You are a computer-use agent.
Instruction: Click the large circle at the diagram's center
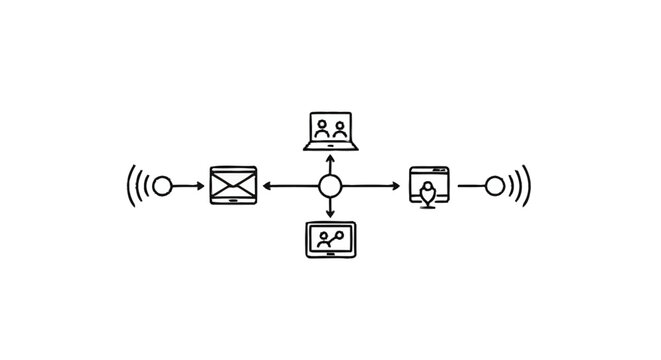point(330,186)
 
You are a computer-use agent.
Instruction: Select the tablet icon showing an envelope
point(234,186)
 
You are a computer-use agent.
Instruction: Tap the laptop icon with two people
point(331,131)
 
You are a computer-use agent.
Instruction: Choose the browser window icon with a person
point(431,186)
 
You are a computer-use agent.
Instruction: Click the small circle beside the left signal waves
point(162,186)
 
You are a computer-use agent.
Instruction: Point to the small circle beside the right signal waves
point(494,186)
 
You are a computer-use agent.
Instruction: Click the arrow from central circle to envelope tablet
point(289,186)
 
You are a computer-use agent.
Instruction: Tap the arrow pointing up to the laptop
point(330,163)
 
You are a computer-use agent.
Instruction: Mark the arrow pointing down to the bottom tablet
point(330,208)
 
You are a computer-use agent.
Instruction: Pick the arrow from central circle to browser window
point(374,186)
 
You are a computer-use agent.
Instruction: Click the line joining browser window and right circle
point(469,186)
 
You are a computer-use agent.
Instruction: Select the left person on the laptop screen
point(322,128)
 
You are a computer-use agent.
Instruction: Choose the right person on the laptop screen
point(340,128)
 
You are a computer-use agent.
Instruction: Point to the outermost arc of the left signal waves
point(130,186)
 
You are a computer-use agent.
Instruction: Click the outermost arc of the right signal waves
point(527,186)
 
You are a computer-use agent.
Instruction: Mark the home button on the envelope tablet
point(234,201)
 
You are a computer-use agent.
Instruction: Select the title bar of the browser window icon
point(431,172)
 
